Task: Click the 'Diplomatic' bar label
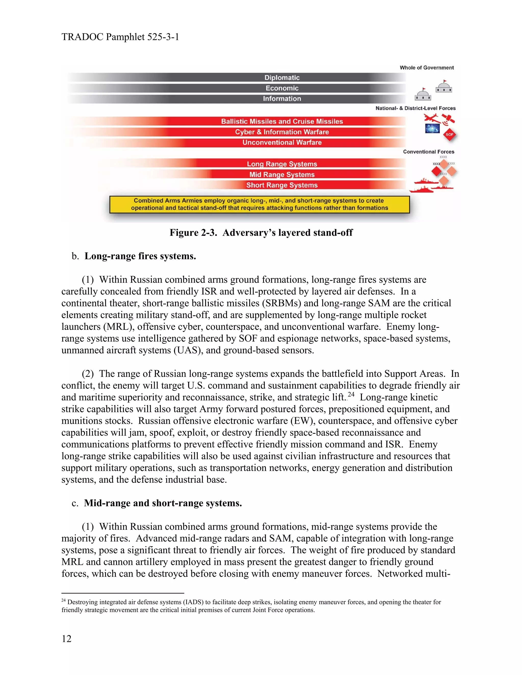click(x=282, y=78)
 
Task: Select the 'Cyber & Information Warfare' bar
click(x=282, y=132)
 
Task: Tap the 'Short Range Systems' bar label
click(x=282, y=185)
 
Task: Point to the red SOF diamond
click(x=449, y=135)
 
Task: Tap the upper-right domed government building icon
click(x=444, y=87)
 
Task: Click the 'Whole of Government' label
click(x=426, y=68)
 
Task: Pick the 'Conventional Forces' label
click(x=428, y=152)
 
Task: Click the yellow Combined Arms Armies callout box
click(x=259, y=204)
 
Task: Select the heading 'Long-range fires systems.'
click(x=140, y=256)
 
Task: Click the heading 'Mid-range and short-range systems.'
click(x=163, y=503)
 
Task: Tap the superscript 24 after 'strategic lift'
click(x=351, y=394)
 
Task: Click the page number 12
click(x=67, y=639)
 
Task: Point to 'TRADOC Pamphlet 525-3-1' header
click(x=120, y=37)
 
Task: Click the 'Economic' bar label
click(x=282, y=88)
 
